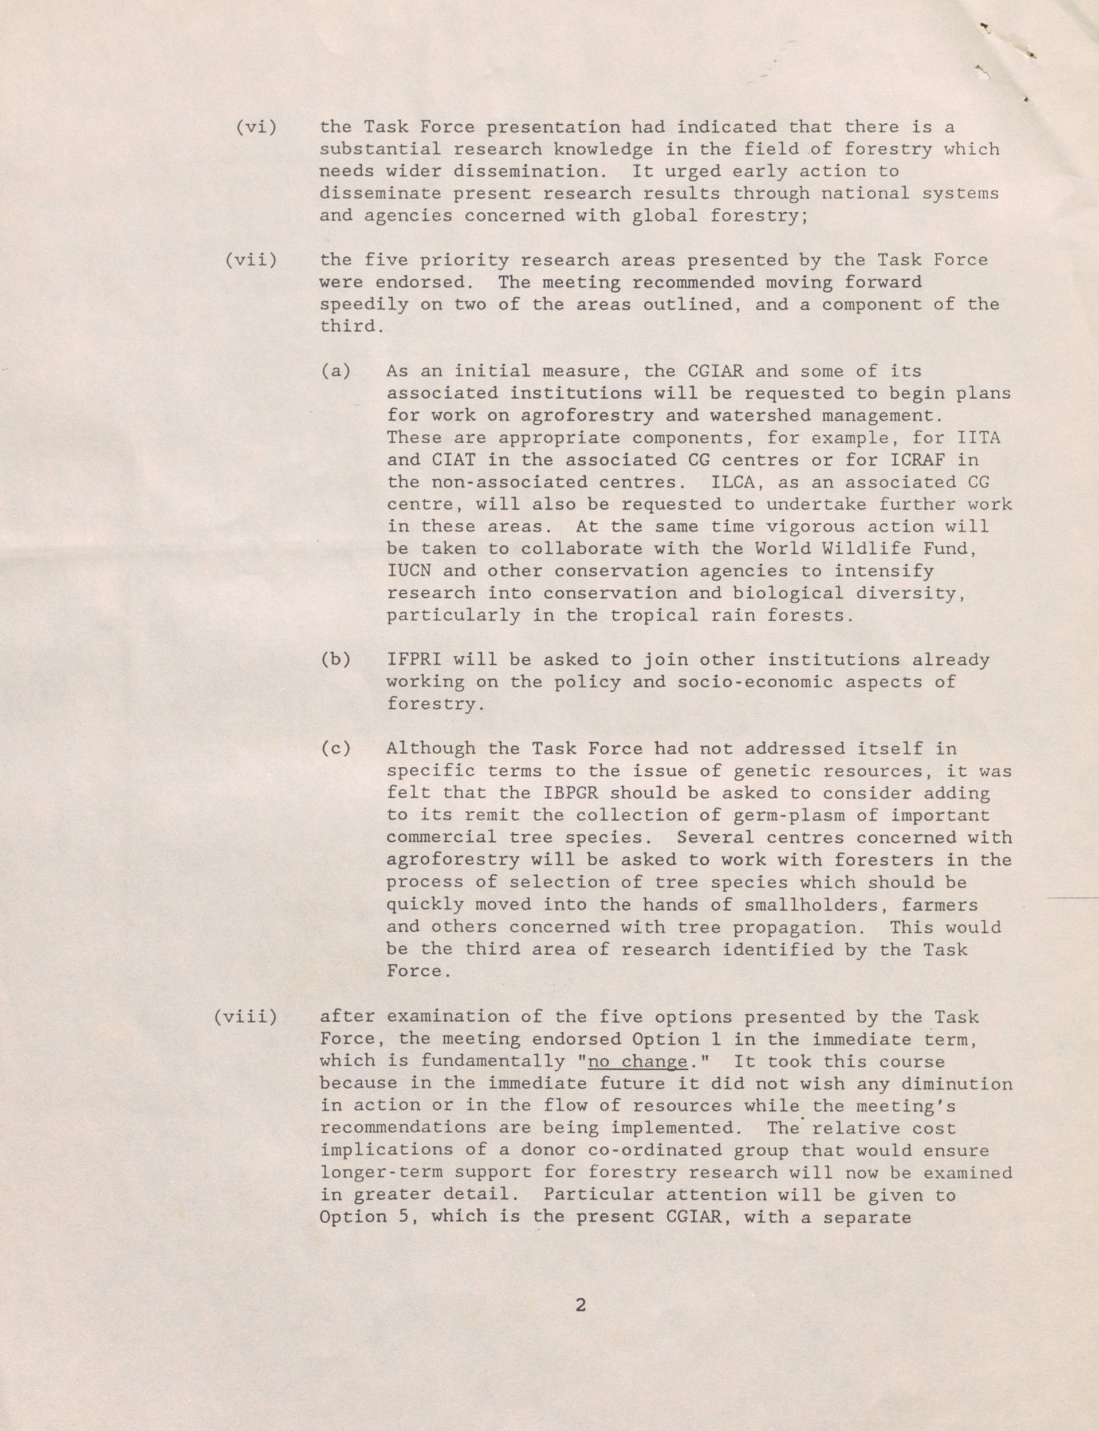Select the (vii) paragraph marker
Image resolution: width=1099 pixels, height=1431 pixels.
point(251,260)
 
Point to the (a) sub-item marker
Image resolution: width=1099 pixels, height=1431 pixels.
point(336,371)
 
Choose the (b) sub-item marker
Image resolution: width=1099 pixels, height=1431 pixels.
point(336,659)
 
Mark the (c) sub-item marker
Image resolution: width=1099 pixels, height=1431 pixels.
point(336,748)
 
